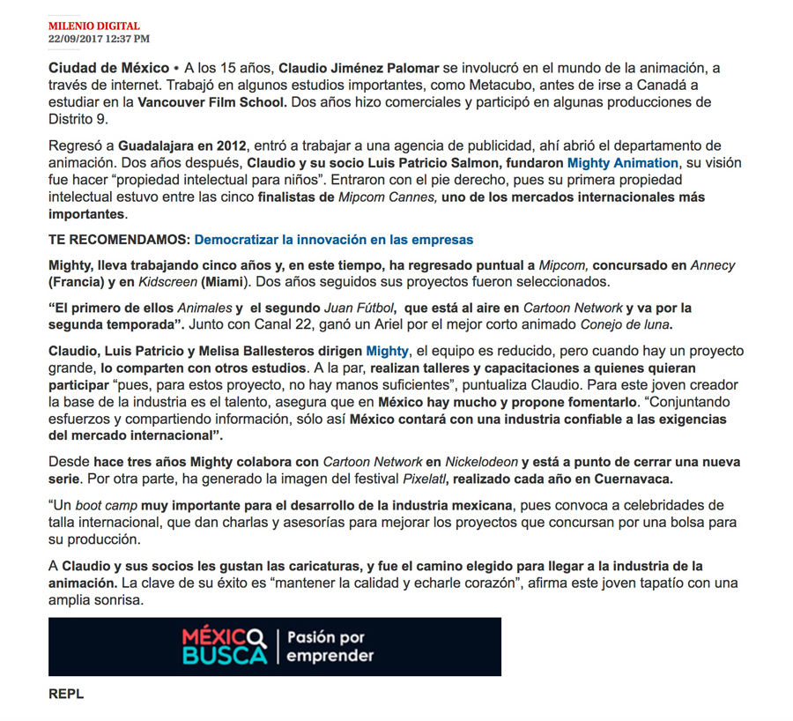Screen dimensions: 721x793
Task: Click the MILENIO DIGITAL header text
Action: (93, 26)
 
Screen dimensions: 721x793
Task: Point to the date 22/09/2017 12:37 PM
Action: (99, 39)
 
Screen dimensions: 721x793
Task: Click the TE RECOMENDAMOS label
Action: (119, 240)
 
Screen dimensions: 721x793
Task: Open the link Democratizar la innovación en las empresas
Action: (334, 240)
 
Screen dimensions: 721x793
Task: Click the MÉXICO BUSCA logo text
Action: (224, 647)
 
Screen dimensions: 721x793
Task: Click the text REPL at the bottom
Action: (66, 695)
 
